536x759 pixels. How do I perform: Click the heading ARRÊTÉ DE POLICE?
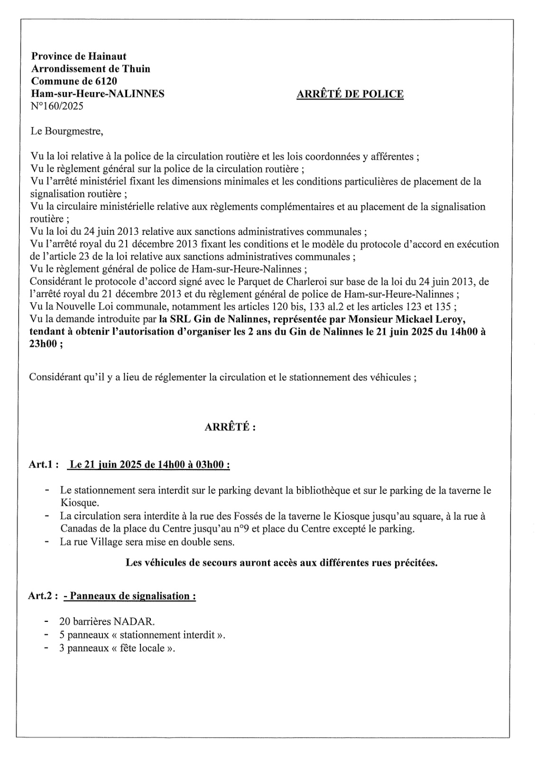click(350, 94)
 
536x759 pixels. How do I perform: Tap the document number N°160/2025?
click(57, 106)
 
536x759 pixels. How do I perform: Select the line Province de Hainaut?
click(78, 56)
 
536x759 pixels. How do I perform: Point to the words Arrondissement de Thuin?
click(90, 69)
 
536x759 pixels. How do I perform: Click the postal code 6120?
click(106, 81)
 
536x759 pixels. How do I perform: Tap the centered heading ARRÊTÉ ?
click(230, 427)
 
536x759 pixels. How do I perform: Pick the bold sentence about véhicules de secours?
click(281, 563)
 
